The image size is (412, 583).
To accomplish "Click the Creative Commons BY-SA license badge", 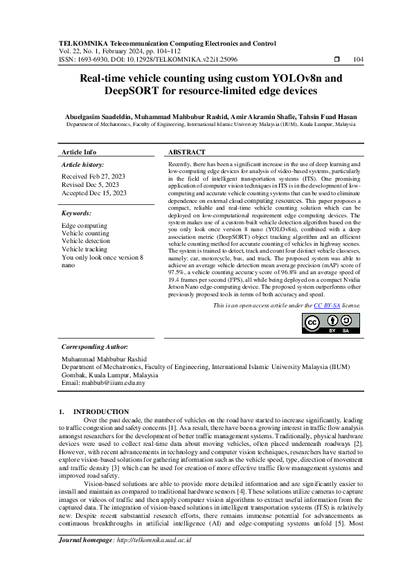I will tap(331, 323).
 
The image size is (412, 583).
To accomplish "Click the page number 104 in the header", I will tap(358, 59).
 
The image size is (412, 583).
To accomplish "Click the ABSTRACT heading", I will tap(187, 152).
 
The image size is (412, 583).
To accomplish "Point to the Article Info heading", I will tap(79, 152).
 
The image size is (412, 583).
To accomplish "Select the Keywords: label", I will tap(76, 214).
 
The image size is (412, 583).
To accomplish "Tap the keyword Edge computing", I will tap(84, 226).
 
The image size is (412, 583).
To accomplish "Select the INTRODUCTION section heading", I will tap(101, 411).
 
